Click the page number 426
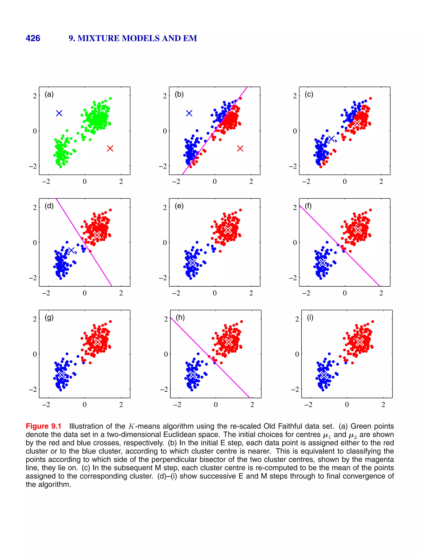coord(33,38)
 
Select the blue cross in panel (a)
coord(59,113)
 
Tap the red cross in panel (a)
coord(110,149)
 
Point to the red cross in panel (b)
coord(240,149)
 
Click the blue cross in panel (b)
coord(189,113)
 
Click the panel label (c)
coord(309,94)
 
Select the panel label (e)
coord(179,206)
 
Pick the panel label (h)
coord(180,317)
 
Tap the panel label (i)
coord(310,317)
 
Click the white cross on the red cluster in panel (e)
coord(228,230)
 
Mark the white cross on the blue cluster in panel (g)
coord(62,375)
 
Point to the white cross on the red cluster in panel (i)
coord(360,342)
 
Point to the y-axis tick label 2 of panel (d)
coord(35,208)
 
